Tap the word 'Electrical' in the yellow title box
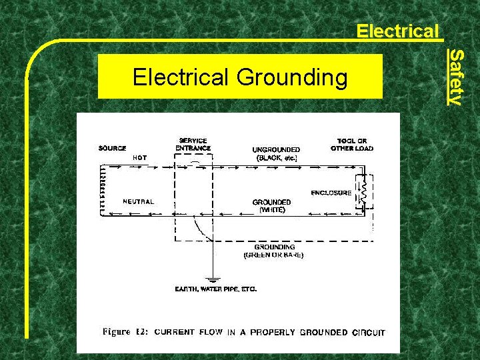pyautogui.click(x=181, y=77)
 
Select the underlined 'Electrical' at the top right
pyautogui.click(x=397, y=31)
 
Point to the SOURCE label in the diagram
pyautogui.click(x=113, y=148)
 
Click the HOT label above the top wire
pyautogui.click(x=140, y=158)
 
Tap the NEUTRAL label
pyautogui.click(x=139, y=201)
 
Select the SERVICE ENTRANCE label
pyautogui.click(x=193, y=145)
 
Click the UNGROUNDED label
pyautogui.click(x=276, y=149)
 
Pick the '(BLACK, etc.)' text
pyautogui.click(x=276, y=159)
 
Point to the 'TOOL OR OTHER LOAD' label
pyautogui.click(x=352, y=145)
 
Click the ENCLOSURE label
pyautogui.click(x=331, y=193)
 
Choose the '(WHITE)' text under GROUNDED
pyautogui.click(x=272, y=209)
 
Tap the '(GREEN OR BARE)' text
pyautogui.click(x=273, y=255)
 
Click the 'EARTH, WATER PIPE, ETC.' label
pyautogui.click(x=215, y=289)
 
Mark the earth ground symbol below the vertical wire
pyautogui.click(x=213, y=279)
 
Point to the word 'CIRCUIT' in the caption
pyautogui.click(x=369, y=332)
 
